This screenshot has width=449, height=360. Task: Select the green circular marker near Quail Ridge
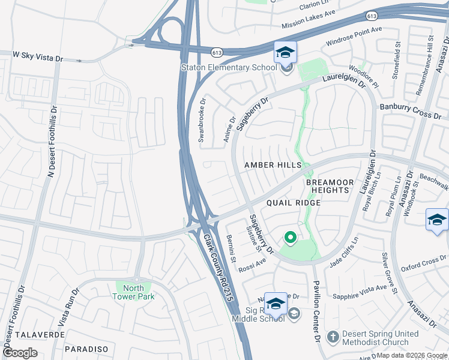click(290, 239)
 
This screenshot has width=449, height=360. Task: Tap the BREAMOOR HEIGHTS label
click(327, 186)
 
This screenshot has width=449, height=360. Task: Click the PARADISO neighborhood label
click(86, 349)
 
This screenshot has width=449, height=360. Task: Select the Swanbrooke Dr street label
click(202, 120)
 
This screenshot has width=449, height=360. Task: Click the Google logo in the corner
click(20, 353)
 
